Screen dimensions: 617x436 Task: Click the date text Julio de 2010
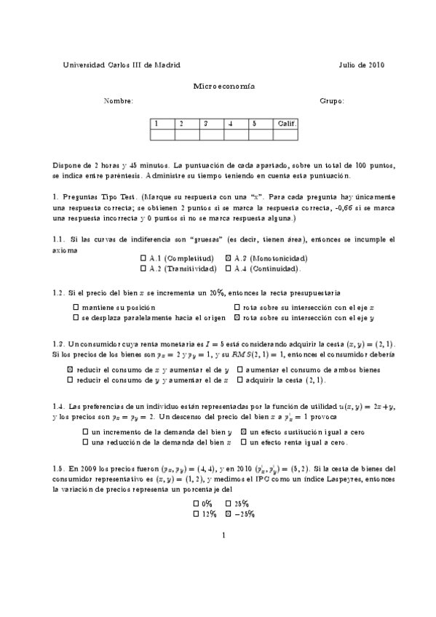(x=361, y=65)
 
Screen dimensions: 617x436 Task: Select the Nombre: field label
(x=119, y=101)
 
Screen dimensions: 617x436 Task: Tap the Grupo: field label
(x=332, y=101)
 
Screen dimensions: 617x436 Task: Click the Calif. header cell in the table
(x=285, y=124)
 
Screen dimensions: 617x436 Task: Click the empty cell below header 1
(x=163, y=134)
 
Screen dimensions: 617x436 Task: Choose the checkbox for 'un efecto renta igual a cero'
(x=245, y=442)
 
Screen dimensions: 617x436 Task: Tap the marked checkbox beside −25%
(x=228, y=514)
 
